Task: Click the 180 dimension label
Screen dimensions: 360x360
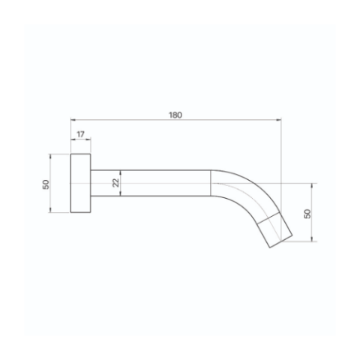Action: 175,115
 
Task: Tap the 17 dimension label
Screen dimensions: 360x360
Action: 80,134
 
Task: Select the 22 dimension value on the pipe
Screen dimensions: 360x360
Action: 116,183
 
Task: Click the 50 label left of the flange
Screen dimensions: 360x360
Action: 46,184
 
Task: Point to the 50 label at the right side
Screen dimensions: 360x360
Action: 307,214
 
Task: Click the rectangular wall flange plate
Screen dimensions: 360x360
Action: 80,183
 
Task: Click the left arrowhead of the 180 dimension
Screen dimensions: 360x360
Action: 73,120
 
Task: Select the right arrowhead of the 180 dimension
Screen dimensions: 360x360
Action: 278,120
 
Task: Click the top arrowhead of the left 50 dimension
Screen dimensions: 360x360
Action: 50,157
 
